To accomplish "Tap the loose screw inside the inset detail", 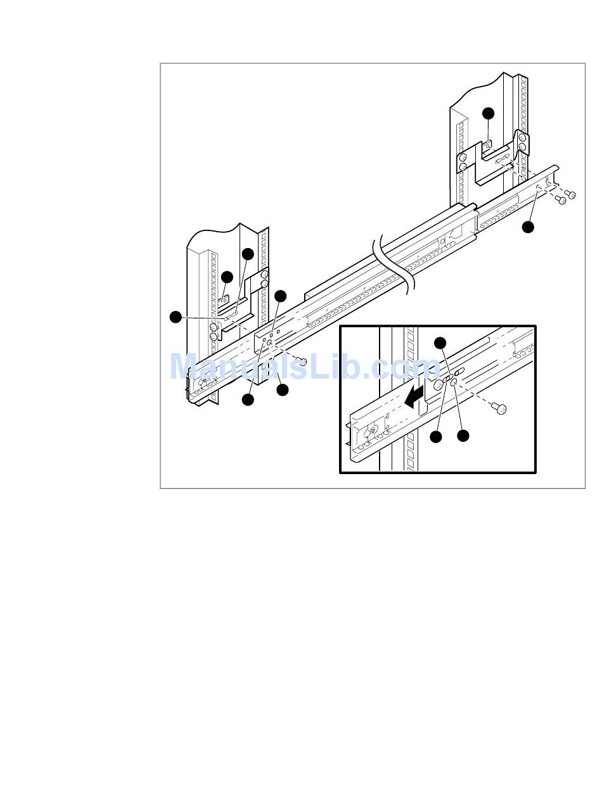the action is [499, 408].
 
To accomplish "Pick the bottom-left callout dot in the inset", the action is [435, 437].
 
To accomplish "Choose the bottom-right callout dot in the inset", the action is [463, 436].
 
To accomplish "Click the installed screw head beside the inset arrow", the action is [438, 385].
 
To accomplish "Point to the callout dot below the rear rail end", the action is [528, 227].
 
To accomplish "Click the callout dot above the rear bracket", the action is [488, 113].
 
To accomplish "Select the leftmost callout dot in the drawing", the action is [176, 316].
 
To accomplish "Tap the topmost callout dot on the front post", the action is [248, 254].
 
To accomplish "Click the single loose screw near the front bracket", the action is [302, 361].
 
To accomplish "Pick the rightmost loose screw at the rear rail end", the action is [570, 194].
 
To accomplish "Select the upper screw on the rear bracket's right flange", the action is [523, 138].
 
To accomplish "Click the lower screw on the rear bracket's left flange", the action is [463, 166].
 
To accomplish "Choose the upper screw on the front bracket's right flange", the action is [264, 275].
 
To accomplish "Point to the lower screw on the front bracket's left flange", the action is [213, 335].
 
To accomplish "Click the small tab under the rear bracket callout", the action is [488, 147].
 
